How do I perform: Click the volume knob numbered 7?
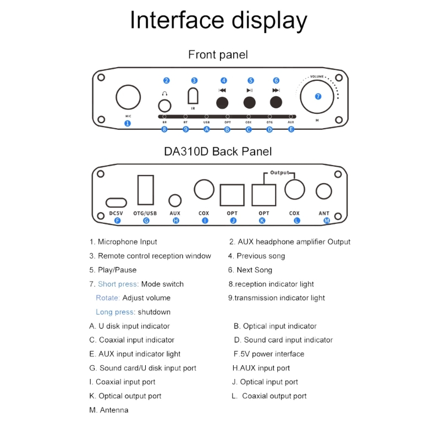(317, 96)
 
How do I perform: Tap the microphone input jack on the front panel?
(128, 97)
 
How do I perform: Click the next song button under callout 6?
(276, 102)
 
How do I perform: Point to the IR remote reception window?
(193, 97)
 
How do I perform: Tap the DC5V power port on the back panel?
(117, 202)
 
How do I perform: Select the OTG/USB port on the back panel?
(146, 190)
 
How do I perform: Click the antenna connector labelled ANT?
(323, 191)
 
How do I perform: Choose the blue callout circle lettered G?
(146, 221)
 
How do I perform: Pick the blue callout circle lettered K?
(262, 221)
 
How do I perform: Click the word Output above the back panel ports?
(279, 173)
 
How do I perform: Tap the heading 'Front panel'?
(218, 54)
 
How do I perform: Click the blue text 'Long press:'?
(116, 312)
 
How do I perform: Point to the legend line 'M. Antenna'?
(109, 410)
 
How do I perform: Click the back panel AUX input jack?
(175, 201)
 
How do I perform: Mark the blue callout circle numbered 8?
(164, 129)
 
